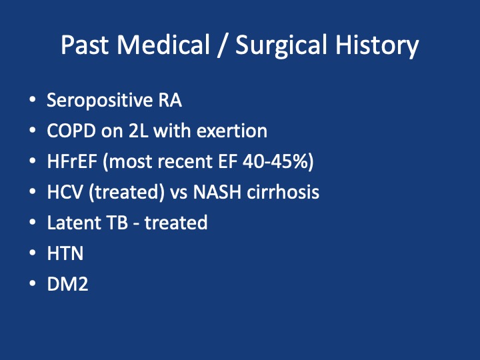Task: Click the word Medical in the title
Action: pyautogui.click(x=163, y=45)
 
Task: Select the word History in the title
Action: pyautogui.click(x=377, y=47)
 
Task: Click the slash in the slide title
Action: pyautogui.click(x=223, y=45)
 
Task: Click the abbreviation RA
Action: pyautogui.click(x=170, y=100)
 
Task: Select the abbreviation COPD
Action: pyautogui.click(x=71, y=131)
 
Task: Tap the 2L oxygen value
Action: pyautogui.click(x=138, y=131)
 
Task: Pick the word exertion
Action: pyautogui.click(x=232, y=131)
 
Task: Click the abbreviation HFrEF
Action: pyautogui.click(x=72, y=161)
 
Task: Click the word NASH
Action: pyautogui.click(x=217, y=192)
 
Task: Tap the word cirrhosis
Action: pyautogui.click(x=283, y=192)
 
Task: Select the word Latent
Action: pyautogui.click(x=74, y=223)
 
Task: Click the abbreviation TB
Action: pyautogui.click(x=117, y=223)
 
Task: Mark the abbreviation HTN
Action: pyautogui.click(x=65, y=253)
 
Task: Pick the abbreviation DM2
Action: pyautogui.click(x=67, y=284)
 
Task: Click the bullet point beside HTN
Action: pyautogui.click(x=33, y=253)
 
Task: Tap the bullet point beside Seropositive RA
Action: pyautogui.click(x=33, y=99)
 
